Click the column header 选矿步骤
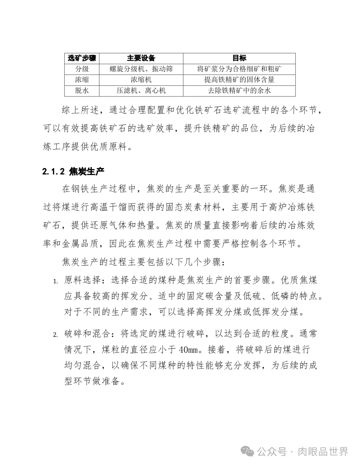[82, 58]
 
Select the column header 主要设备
[141, 58]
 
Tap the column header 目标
[239, 58]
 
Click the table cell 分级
[82, 69]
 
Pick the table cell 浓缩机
[141, 80]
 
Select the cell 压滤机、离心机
[141, 90]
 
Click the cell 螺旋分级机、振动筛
[141, 69]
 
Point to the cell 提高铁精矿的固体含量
[239, 80]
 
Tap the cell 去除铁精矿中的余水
[239, 90]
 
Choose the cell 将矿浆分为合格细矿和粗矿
[239, 69]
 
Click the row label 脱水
[82, 90]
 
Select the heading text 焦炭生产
[87, 172]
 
